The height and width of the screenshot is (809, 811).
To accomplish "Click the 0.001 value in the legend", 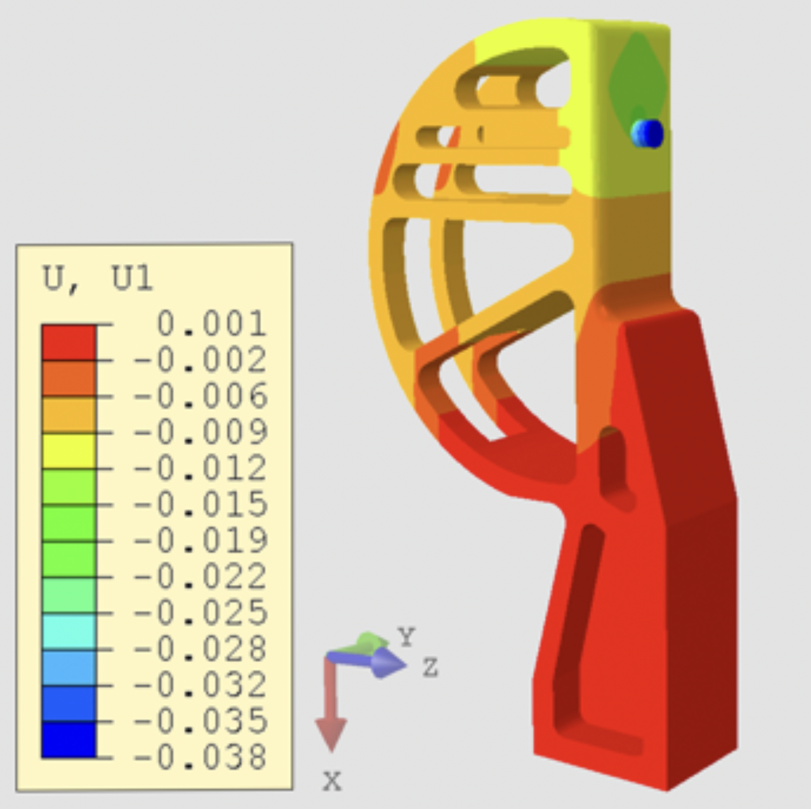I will coord(212,324).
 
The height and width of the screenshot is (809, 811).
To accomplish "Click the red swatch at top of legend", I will coord(69,342).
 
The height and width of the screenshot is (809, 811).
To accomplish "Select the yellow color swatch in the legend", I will coord(69,450).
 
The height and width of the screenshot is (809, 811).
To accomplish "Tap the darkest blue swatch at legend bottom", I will coord(69,740).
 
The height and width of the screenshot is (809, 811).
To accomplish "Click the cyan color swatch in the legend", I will coord(69,631).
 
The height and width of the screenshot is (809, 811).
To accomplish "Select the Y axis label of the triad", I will coord(406,636).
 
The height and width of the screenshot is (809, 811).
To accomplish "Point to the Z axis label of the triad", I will coord(430,668).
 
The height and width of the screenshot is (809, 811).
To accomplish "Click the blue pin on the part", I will coord(648,133).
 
